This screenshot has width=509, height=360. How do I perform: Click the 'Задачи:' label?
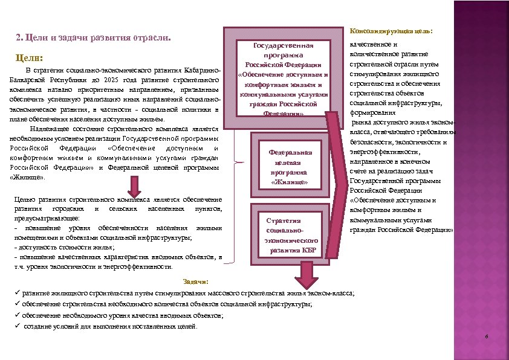(x=195, y=281)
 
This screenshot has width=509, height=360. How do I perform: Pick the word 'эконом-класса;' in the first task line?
(x=334, y=293)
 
